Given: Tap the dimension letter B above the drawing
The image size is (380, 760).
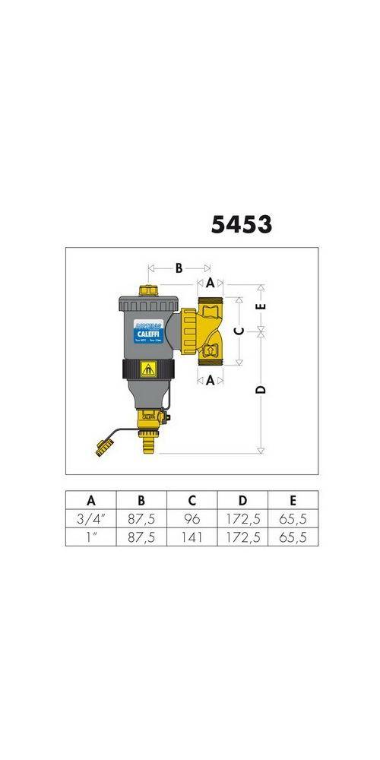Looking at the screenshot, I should pos(179,268).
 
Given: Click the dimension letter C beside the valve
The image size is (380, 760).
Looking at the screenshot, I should pos(238,331).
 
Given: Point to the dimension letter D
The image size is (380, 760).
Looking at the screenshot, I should pos(261,389).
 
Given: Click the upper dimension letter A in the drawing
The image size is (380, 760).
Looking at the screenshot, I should pos(211,283).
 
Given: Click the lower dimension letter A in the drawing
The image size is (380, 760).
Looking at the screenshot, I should pos(211,381).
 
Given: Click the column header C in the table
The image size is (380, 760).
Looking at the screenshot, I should pos(192,500).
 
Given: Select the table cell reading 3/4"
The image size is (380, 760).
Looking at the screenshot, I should pos(90,519).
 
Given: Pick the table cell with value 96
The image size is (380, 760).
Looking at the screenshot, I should pos(192,519).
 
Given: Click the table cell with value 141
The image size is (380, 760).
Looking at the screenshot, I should pos(192,537).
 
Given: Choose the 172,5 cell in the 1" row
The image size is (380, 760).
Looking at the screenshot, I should pos(242,537).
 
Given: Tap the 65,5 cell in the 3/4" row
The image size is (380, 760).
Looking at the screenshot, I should pos(293,519).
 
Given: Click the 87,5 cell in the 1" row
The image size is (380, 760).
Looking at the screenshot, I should pos(141,537).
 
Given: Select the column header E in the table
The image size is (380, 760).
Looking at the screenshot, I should pos(293,500).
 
